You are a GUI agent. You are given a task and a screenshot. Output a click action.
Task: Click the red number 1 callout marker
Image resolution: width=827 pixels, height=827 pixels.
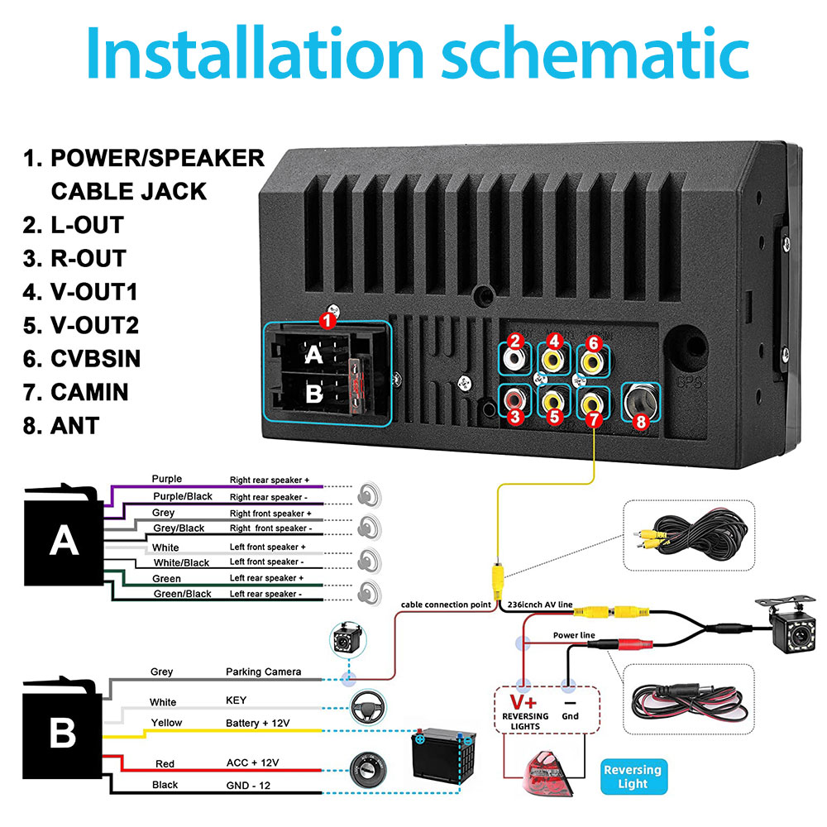[327, 321]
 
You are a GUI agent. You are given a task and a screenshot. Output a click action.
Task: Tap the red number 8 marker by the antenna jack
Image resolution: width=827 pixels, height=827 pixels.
[642, 422]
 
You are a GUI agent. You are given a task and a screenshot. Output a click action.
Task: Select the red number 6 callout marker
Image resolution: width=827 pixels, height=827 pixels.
[594, 343]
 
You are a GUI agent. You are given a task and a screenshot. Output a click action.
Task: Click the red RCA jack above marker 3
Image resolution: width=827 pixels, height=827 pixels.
[514, 399]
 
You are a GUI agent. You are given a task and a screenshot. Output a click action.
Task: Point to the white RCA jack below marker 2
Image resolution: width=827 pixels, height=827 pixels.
[514, 360]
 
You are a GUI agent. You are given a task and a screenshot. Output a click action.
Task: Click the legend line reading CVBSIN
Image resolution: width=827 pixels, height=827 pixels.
[82, 359]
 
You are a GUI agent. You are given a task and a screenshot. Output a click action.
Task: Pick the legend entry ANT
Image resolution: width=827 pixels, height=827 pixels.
[61, 426]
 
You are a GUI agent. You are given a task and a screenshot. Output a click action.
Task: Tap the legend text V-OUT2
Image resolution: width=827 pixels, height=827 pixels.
[81, 325]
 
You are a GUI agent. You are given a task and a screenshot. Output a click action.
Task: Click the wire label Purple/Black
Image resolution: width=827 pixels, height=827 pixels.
[183, 496]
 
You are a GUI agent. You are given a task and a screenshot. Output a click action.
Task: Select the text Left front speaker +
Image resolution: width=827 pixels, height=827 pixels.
[267, 547]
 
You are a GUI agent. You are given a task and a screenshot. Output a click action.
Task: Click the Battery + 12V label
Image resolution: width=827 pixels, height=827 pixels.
[257, 723]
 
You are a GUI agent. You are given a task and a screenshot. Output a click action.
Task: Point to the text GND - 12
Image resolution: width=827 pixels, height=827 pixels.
[248, 786]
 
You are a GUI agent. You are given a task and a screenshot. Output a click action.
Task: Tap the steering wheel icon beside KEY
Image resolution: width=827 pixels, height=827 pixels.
[368, 707]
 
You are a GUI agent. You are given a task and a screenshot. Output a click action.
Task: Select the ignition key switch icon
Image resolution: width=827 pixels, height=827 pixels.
[368, 768]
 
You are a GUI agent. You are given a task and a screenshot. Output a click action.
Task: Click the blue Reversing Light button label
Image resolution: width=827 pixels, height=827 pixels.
[633, 777]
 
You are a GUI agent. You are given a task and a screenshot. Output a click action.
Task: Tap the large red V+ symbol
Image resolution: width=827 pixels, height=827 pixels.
[523, 702]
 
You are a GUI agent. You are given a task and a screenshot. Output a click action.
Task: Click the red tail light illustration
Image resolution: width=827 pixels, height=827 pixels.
[547, 773]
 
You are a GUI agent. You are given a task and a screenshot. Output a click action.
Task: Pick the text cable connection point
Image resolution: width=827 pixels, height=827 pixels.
[446, 605]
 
